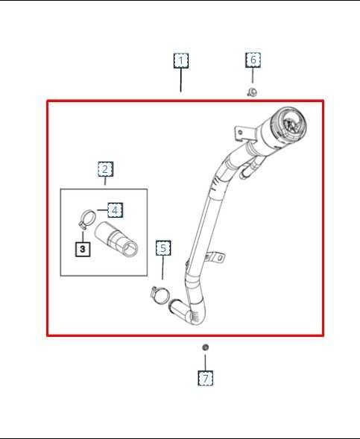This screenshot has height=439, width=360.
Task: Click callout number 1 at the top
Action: click(181, 60)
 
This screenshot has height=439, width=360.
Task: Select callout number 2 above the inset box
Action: click(105, 169)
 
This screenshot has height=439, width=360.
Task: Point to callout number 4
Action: click(115, 209)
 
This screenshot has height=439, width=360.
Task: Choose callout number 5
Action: click(163, 247)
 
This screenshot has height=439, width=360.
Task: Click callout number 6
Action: click(253, 60)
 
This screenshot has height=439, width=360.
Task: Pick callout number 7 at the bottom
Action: click(206, 378)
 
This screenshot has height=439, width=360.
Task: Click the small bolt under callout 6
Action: click(253, 92)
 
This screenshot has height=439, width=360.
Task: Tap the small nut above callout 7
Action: click(206, 347)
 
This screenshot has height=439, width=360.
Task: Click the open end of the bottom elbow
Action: click(177, 305)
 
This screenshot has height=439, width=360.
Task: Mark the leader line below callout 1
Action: click(181, 80)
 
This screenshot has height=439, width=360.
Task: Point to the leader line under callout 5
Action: click(163, 268)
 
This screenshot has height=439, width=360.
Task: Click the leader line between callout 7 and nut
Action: click(206, 361)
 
